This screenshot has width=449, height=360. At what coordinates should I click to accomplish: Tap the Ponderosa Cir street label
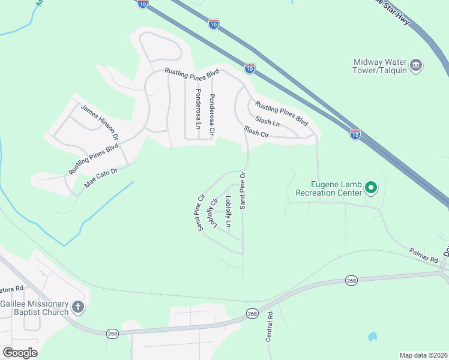(212, 114)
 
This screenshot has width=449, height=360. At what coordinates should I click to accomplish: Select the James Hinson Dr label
(100, 122)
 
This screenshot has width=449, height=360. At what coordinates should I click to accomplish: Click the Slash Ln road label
(268, 121)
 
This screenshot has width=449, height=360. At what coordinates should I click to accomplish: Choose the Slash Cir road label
(256, 131)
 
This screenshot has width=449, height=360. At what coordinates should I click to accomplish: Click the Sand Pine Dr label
(243, 191)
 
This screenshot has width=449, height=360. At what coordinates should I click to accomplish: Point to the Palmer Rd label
(424, 256)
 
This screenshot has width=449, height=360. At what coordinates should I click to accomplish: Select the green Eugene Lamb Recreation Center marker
(371, 188)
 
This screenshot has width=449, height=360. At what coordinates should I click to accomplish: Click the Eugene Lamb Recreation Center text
(328, 188)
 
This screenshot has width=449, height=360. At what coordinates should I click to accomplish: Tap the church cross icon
(78, 308)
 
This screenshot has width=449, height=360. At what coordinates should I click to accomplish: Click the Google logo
(20, 353)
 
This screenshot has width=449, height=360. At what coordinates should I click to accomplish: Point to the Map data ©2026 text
(423, 355)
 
